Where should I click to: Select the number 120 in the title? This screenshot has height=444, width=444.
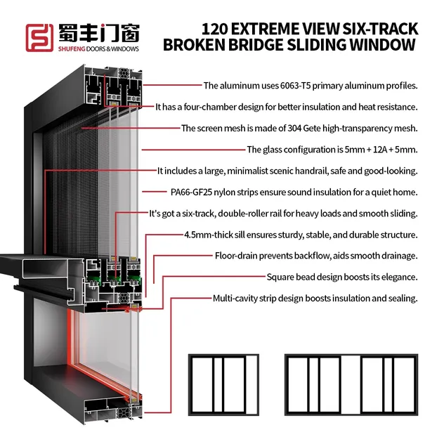[x=216, y=30]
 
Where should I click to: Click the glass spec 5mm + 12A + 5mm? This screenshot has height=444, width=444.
[x=380, y=150]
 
